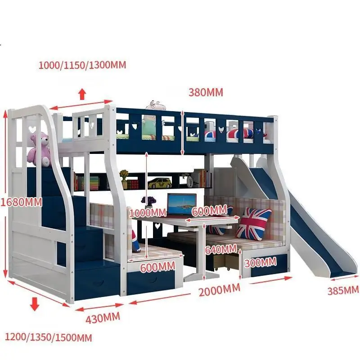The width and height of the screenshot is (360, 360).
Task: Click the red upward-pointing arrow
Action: point(82,94)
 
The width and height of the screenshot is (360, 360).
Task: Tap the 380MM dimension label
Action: point(206,93)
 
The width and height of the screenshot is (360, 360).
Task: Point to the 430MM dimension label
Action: point(103,318)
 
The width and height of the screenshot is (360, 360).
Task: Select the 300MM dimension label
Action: point(260,261)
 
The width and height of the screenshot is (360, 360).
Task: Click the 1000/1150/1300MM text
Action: point(82,65)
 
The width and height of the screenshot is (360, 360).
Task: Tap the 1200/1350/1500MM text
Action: point(48,337)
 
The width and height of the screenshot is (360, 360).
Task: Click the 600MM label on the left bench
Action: point(157,267)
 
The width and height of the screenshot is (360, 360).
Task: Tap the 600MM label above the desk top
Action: point(209,211)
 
